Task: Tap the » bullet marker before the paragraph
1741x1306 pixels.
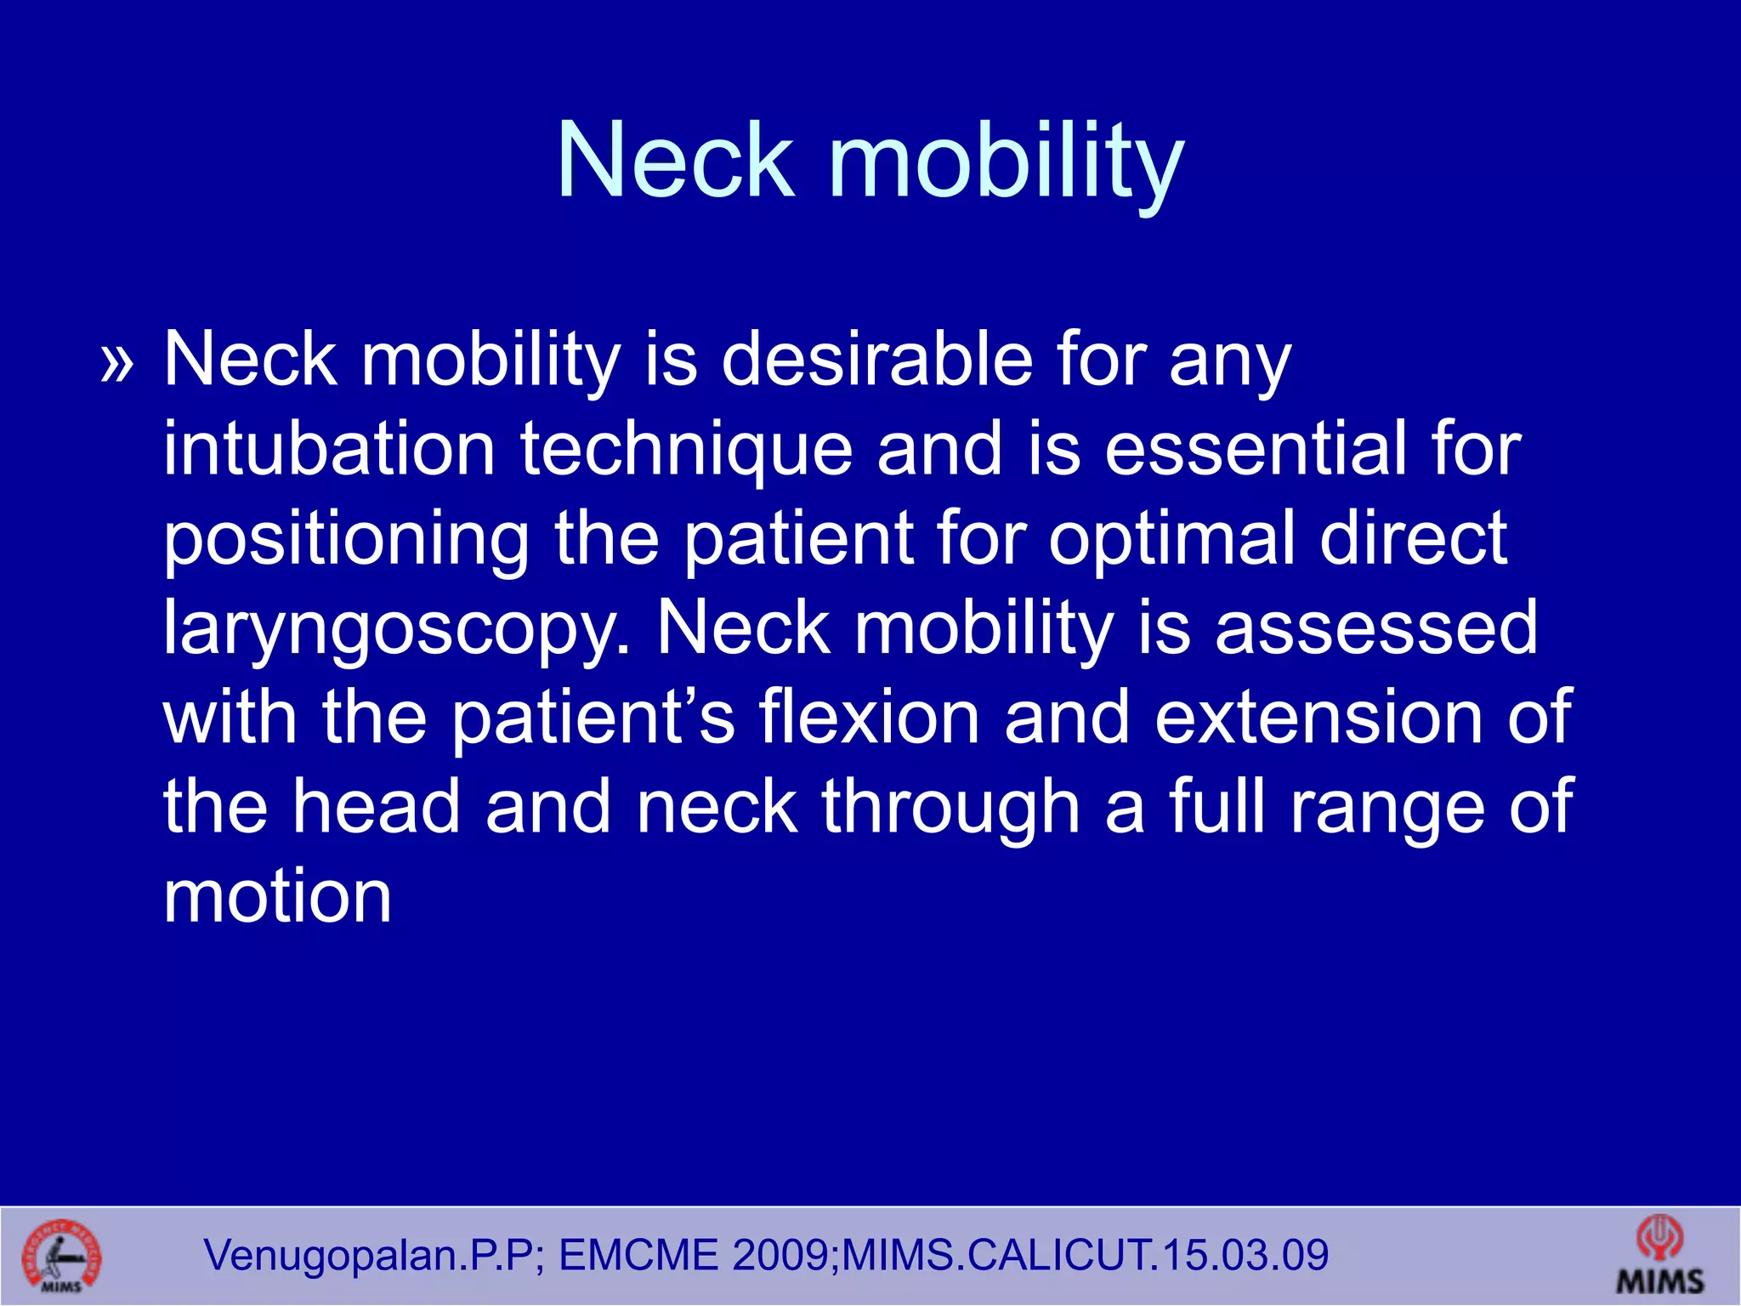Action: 117,364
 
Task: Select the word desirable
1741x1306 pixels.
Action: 876,360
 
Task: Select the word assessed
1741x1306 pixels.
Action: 1376,629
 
